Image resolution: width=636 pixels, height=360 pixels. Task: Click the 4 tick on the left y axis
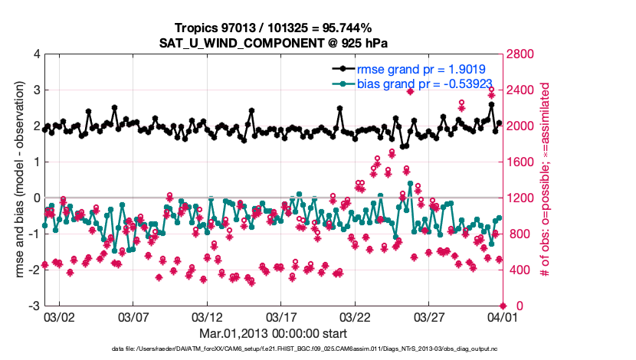tap(36, 54)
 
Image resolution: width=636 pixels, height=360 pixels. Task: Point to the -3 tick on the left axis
tap(34, 306)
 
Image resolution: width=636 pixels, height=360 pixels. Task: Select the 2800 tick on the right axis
tap(521, 54)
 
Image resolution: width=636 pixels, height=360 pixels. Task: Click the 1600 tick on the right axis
tap(521, 162)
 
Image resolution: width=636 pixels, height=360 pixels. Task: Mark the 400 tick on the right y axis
tap(518, 270)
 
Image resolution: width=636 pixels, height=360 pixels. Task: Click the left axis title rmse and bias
tap(18, 180)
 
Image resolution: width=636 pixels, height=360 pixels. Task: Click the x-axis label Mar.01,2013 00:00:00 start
tap(274, 333)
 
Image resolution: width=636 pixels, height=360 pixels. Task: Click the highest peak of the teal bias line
tap(411, 184)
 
